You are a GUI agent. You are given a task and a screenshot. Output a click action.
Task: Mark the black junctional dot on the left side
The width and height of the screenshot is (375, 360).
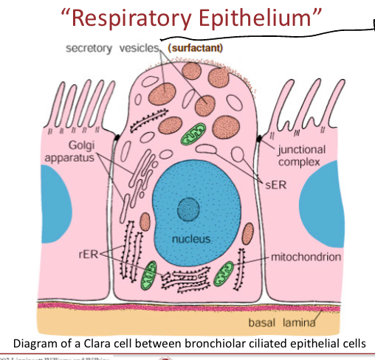pyautogui.click(x=117, y=137)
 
